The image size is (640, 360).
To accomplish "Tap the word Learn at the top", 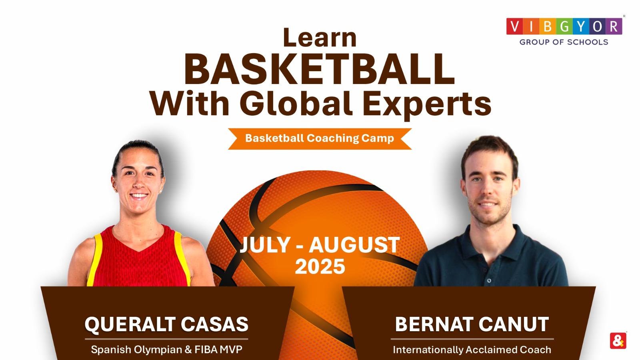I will point(320,38).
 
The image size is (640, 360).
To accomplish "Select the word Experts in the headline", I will point(426,104).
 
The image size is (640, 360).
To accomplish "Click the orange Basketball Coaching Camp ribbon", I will point(320,138).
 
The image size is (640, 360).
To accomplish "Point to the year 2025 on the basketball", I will point(320,267).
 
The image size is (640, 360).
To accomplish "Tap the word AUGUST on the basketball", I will point(354,245).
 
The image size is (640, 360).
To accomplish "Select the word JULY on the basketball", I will point(265,245).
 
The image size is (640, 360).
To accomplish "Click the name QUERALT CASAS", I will point(166,324).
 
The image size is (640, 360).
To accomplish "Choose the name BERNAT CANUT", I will point(472,324).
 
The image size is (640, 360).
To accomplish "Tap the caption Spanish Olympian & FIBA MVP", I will point(166,350).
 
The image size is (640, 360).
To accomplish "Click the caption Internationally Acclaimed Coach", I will point(472,350).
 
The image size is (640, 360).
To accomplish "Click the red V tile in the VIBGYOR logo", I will point(515,26).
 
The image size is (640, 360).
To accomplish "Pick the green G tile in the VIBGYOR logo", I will point(564,26).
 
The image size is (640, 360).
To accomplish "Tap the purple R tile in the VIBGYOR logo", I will point(614,26).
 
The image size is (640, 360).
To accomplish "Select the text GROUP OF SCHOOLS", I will point(564,42).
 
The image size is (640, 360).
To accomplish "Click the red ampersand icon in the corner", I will point(618,341).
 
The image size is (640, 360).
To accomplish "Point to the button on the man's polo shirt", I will point(489,281).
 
